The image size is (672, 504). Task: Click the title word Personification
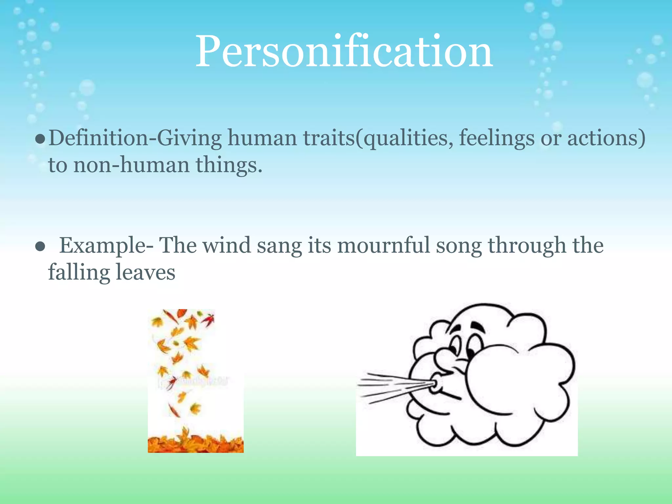pos(344,52)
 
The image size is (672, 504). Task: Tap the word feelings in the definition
pos(496,138)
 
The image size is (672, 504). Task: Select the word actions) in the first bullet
pos(606,138)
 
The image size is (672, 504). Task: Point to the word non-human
pos(132,165)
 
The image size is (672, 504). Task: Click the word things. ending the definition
pos(229,165)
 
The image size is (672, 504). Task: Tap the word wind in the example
pos(226,245)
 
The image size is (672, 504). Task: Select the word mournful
pos(383,245)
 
